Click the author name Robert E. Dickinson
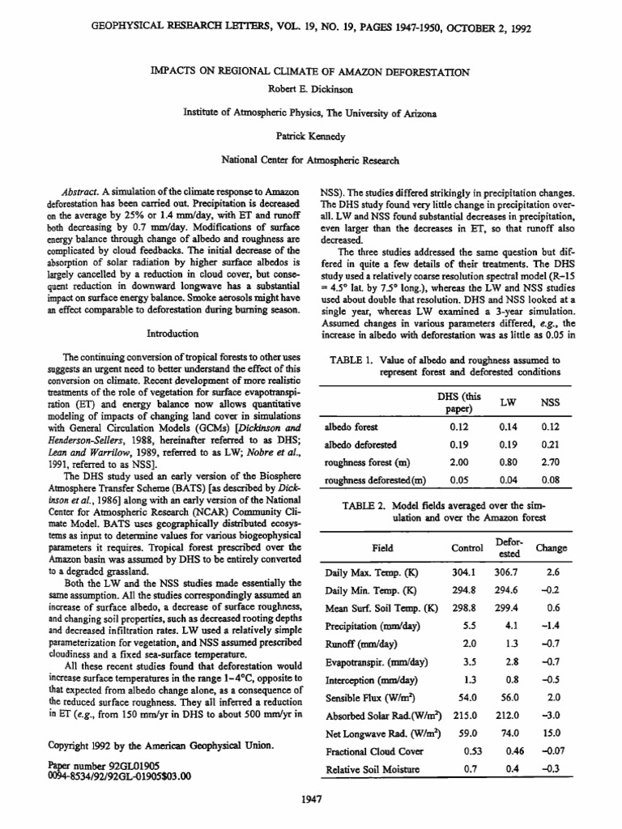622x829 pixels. click(310, 87)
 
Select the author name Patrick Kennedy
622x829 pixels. click(310, 137)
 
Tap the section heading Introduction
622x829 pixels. click(172, 333)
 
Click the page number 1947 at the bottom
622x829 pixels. click(311, 800)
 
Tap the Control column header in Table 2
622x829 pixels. click(466, 547)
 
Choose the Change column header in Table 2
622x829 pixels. click(551, 547)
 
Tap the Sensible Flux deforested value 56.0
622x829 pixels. click(509, 697)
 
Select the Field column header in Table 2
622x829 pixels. click(381, 547)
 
